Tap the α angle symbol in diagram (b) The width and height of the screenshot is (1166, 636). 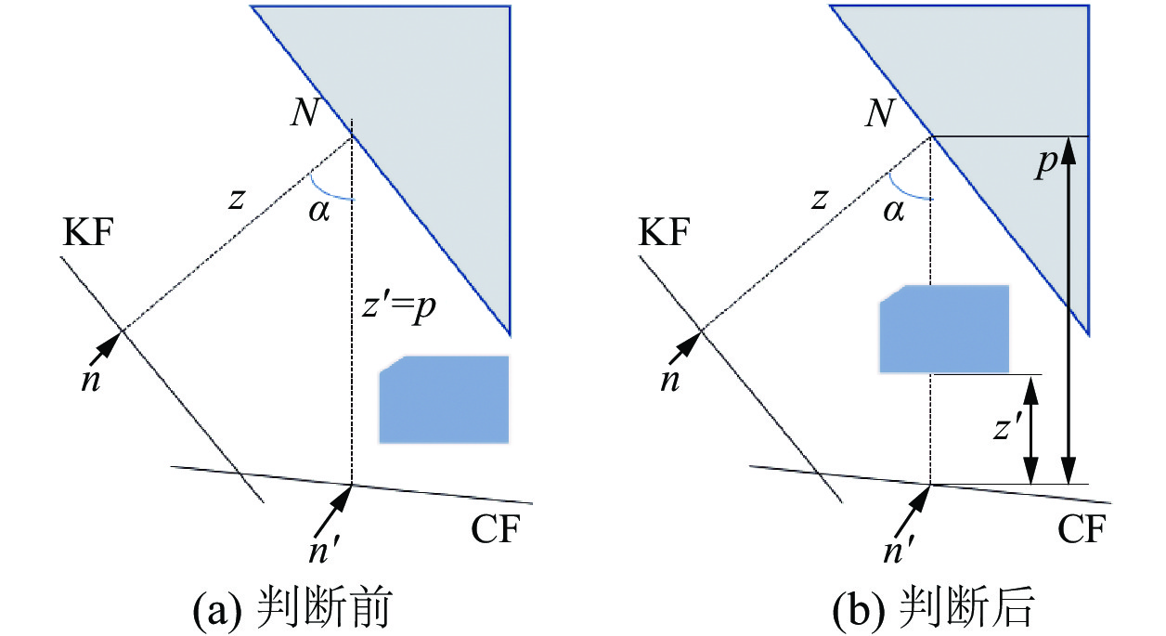893,213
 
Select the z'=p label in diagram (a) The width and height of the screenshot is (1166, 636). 396,307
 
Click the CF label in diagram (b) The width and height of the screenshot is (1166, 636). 1082,530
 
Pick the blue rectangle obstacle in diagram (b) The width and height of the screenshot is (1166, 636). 943,330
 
